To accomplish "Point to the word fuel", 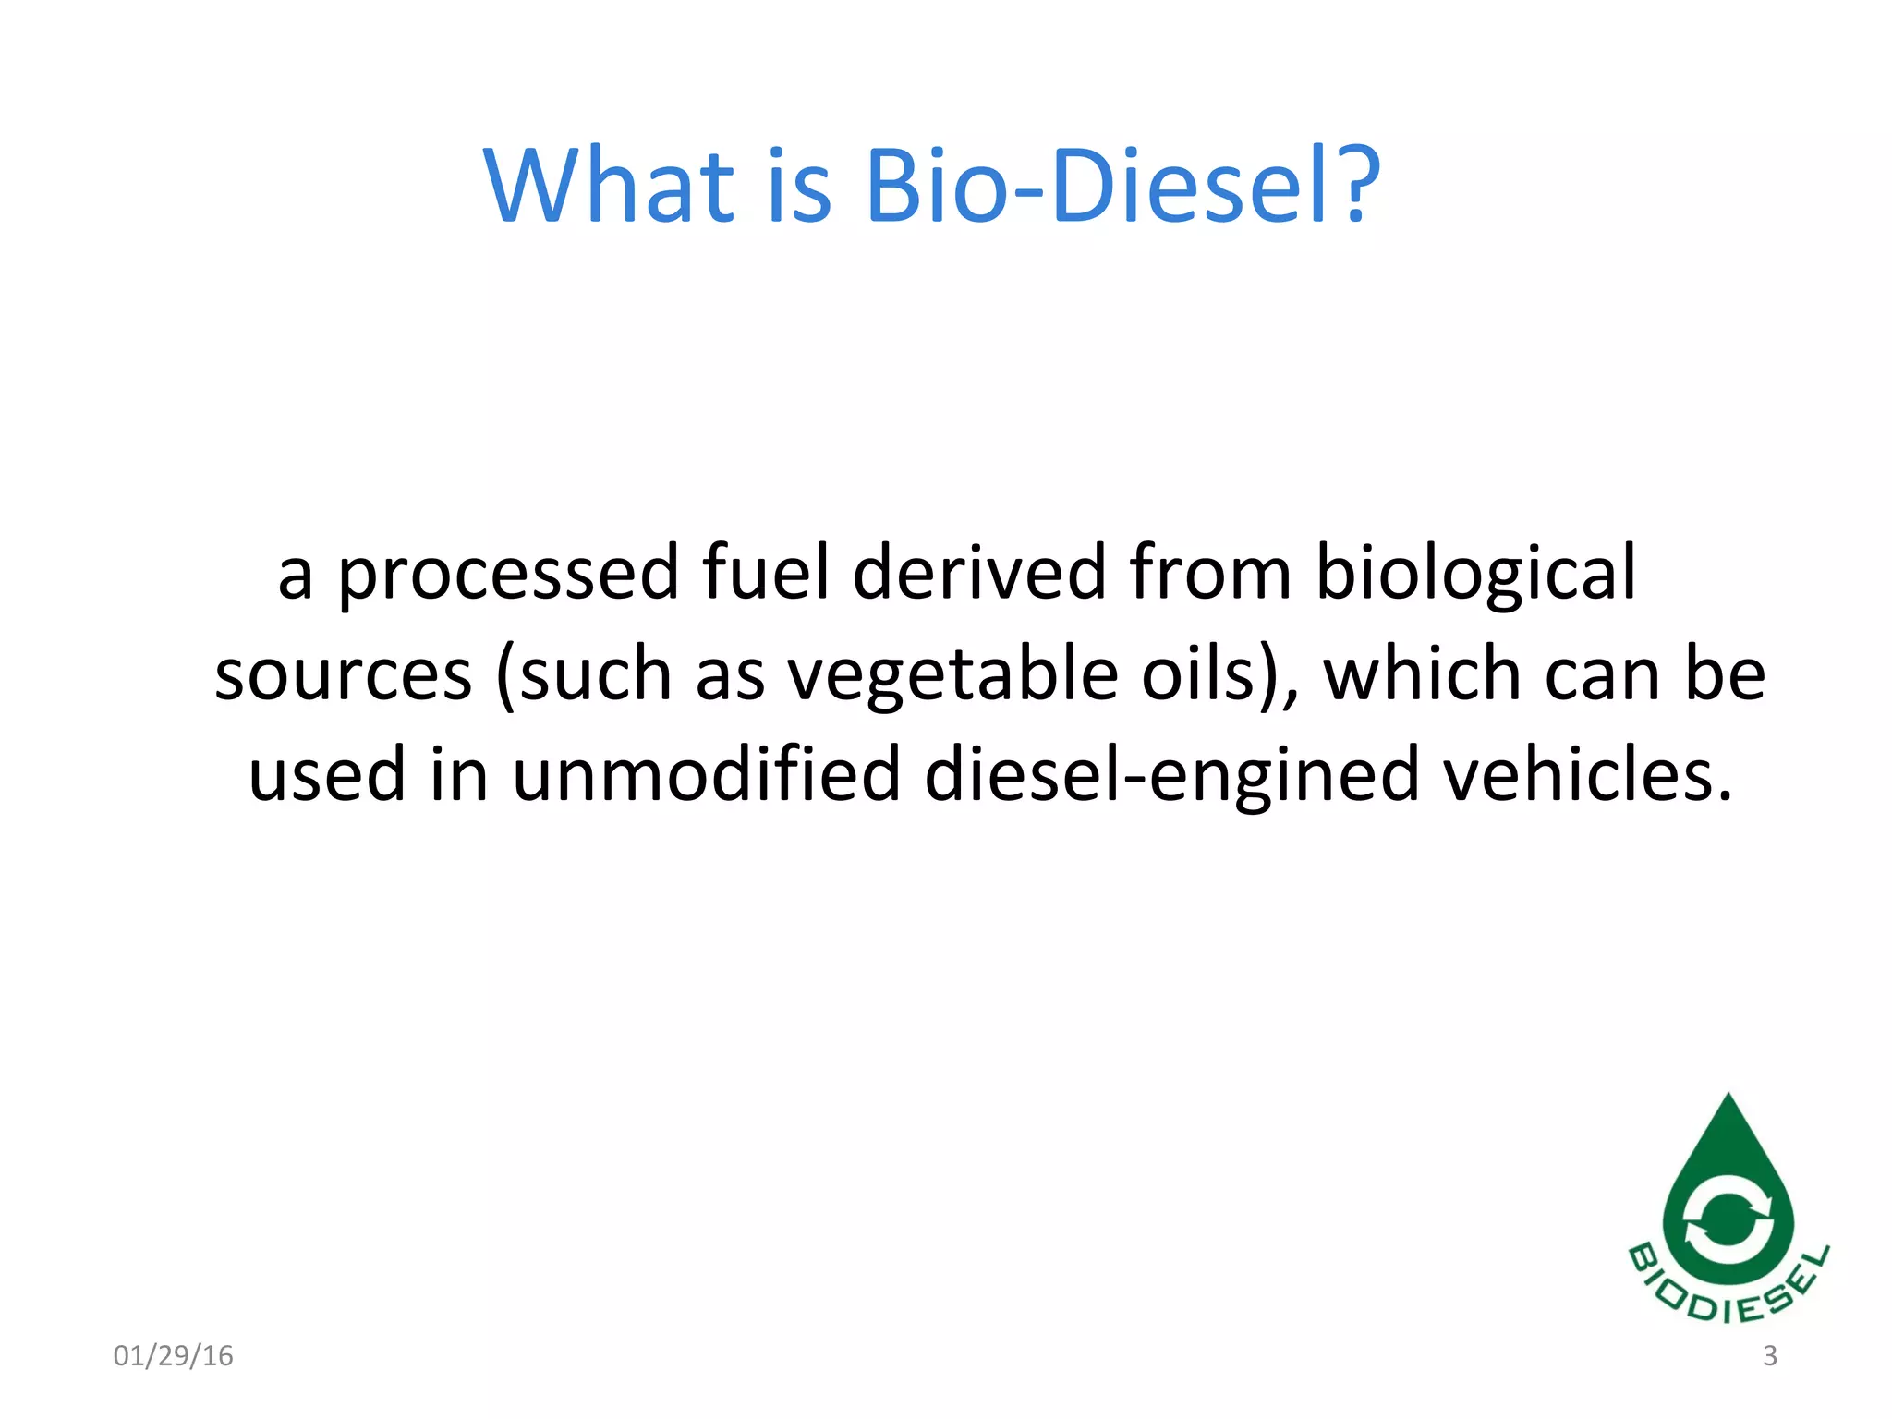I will click(x=766, y=572).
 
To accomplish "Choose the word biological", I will click(x=1474, y=574).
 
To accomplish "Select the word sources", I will click(x=343, y=674).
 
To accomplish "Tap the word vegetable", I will click(x=952, y=674).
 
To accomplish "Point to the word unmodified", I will click(x=706, y=773).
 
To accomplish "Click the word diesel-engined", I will click(x=1170, y=775).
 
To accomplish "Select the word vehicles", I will click(x=1587, y=773).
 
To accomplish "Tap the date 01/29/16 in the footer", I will click(x=173, y=1355).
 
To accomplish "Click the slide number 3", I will click(x=1769, y=1355).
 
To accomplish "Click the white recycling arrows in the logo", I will click(x=1728, y=1228).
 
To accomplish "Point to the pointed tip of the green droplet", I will click(x=1728, y=1097).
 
